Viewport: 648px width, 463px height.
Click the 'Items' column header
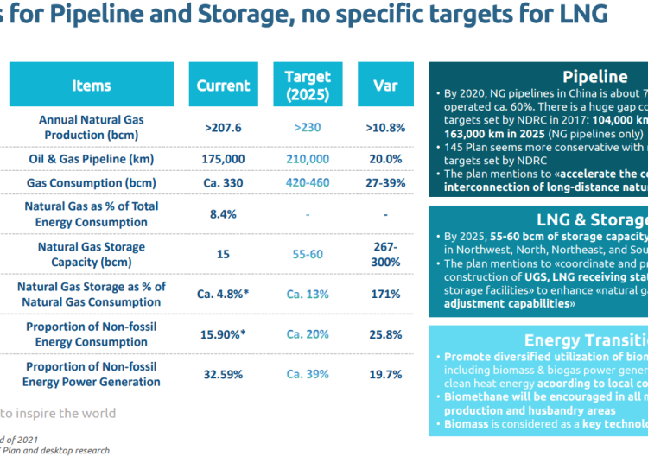pyautogui.click(x=92, y=86)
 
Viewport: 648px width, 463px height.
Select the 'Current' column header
pyautogui.click(x=223, y=86)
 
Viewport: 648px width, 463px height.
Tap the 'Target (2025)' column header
pyautogui.click(x=308, y=86)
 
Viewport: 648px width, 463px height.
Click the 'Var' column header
pyautogui.click(x=384, y=86)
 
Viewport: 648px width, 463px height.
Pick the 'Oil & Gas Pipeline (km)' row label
pyautogui.click(x=92, y=159)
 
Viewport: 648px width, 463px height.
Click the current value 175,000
pyautogui.click(x=223, y=159)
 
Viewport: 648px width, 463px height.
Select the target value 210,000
pyautogui.click(x=308, y=159)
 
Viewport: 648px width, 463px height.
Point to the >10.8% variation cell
pyautogui.click(x=384, y=128)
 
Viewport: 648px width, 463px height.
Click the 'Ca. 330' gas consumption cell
pyautogui.click(x=223, y=183)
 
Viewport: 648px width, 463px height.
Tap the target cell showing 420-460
pyautogui.click(x=308, y=183)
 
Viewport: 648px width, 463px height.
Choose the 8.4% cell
pyautogui.click(x=223, y=214)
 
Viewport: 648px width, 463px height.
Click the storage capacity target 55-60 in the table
pyautogui.click(x=308, y=254)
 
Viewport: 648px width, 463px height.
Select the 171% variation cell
pyautogui.click(x=384, y=294)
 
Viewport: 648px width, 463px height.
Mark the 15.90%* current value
pyautogui.click(x=223, y=333)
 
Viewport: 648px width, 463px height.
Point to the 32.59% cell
pyautogui.click(x=223, y=374)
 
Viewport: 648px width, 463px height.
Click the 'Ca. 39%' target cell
pyautogui.click(x=308, y=374)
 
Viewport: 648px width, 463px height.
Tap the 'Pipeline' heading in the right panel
pyautogui.click(x=594, y=77)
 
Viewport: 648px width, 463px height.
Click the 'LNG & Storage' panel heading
pyautogui.click(x=592, y=219)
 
